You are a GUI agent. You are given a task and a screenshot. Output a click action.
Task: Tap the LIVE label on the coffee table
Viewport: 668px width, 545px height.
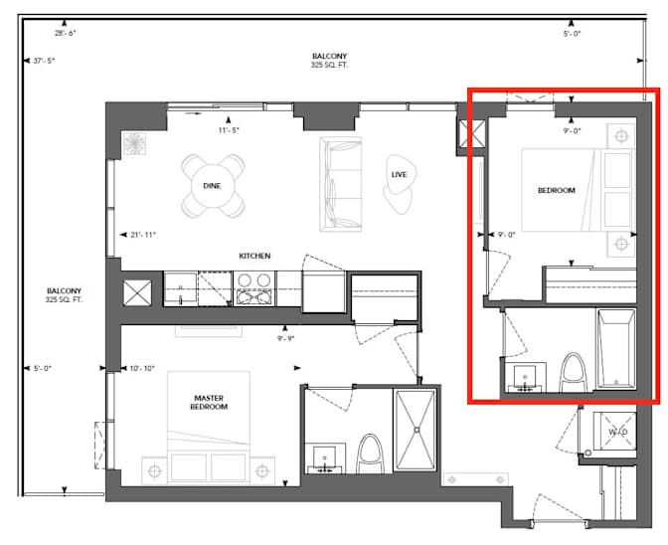point(400,175)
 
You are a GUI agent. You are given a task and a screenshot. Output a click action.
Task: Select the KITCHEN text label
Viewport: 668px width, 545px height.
point(254,256)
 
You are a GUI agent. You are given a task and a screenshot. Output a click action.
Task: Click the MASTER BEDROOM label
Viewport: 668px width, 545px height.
point(210,402)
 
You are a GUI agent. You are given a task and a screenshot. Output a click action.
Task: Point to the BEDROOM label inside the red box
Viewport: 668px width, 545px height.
point(557,190)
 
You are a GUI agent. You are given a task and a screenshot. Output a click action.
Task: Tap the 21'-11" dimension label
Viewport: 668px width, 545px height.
point(143,235)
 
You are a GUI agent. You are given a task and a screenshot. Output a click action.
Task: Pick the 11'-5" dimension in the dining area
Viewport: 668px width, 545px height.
point(230,129)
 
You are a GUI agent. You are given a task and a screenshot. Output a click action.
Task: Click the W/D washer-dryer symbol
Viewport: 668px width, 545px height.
point(617,432)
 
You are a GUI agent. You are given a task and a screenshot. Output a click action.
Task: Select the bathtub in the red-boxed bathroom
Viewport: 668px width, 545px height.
point(616,350)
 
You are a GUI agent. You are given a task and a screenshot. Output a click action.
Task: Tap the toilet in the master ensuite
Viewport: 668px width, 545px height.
point(369,453)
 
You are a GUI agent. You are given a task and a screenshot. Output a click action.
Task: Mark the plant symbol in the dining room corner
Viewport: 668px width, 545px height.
point(134,144)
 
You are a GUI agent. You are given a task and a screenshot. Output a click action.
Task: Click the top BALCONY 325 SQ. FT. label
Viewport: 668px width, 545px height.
point(334,61)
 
